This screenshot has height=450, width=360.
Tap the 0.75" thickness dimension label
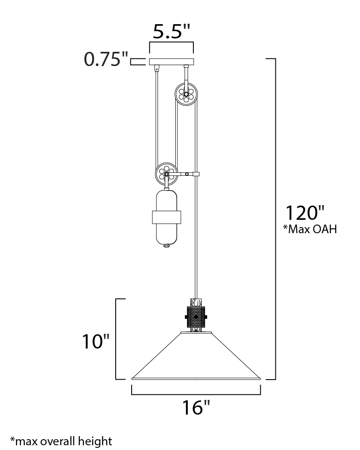(x=106, y=60)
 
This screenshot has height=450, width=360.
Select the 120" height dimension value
(x=305, y=212)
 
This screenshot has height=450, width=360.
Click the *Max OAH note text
(x=310, y=229)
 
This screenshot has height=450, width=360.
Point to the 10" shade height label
(x=96, y=342)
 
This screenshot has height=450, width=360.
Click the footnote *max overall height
(x=61, y=440)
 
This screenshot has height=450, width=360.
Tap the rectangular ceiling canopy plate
(x=171, y=61)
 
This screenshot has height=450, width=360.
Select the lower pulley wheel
(x=166, y=174)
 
